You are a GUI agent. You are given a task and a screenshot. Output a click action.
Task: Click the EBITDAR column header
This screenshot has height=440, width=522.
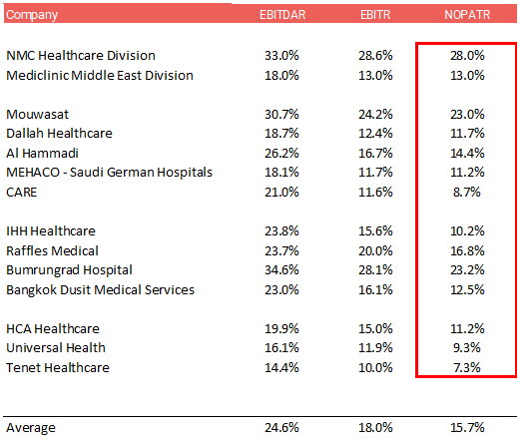pos(282,15)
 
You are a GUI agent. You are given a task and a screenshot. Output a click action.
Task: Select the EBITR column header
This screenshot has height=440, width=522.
pos(375,15)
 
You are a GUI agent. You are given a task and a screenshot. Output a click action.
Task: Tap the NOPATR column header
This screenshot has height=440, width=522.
pos(467,15)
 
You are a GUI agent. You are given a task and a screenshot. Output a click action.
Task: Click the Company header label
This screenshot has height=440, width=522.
pos(32,15)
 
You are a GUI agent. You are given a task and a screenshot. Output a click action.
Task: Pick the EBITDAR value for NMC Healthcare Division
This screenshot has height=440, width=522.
pos(281,55)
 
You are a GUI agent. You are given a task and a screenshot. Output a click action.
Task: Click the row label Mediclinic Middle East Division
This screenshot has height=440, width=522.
pos(100,75)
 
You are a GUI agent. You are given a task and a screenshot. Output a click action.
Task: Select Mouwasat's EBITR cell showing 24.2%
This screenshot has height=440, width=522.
pos(375,114)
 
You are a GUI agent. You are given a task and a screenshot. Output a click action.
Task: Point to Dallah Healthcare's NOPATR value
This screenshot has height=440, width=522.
pos(467,133)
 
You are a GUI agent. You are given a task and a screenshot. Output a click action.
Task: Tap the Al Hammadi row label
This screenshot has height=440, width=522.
pos(42,153)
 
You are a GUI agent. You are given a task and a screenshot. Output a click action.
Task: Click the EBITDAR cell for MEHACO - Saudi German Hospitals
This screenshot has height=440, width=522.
pos(281,172)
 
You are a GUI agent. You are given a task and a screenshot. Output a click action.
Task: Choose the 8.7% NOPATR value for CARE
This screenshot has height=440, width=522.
pos(467,192)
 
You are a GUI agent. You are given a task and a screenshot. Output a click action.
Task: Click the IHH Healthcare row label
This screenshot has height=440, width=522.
pos(51,231)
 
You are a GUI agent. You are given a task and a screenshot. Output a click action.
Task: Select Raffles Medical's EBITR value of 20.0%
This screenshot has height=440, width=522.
pos(375,251)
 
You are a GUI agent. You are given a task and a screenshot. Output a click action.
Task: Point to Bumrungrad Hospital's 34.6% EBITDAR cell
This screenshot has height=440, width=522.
pos(281,270)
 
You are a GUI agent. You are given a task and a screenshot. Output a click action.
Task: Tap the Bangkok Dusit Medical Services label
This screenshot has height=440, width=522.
pos(100,290)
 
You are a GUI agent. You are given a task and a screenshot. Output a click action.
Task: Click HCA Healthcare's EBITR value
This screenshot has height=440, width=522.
pos(375,329)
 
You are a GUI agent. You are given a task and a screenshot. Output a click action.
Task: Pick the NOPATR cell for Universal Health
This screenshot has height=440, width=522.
pos(467,348)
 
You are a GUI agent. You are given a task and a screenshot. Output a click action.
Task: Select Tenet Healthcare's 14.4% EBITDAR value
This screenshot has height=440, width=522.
pos(281,368)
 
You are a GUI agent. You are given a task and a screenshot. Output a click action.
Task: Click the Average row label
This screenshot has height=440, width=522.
pos(31,428)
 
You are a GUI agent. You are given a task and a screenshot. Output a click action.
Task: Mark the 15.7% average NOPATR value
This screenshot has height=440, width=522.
pos(467,428)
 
